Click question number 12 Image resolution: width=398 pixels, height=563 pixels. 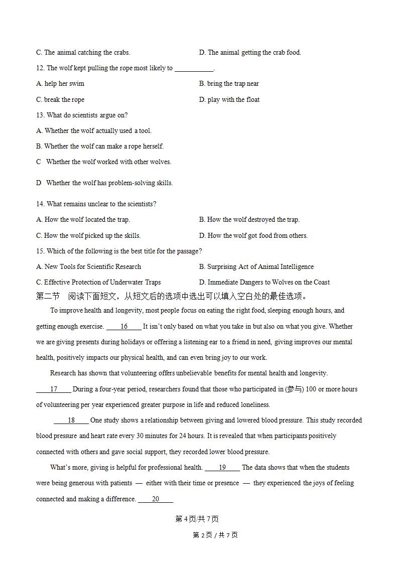(40, 68)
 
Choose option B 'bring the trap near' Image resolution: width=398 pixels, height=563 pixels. (229, 84)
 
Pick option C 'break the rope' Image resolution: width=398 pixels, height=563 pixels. (60, 99)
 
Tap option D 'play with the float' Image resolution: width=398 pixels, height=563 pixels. (229, 99)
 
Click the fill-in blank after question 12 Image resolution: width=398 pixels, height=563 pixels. (194, 69)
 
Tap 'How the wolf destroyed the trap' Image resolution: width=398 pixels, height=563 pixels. (249, 220)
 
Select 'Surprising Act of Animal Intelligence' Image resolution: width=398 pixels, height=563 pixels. (256, 267)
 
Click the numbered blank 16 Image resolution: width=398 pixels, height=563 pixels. (124, 327)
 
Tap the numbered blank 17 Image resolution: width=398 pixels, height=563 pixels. (54, 389)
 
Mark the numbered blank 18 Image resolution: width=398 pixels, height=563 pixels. (71, 420)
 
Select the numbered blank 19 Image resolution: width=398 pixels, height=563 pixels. (222, 468)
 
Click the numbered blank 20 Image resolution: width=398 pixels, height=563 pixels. (156, 499)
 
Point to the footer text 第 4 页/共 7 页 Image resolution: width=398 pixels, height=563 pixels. (197, 519)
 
